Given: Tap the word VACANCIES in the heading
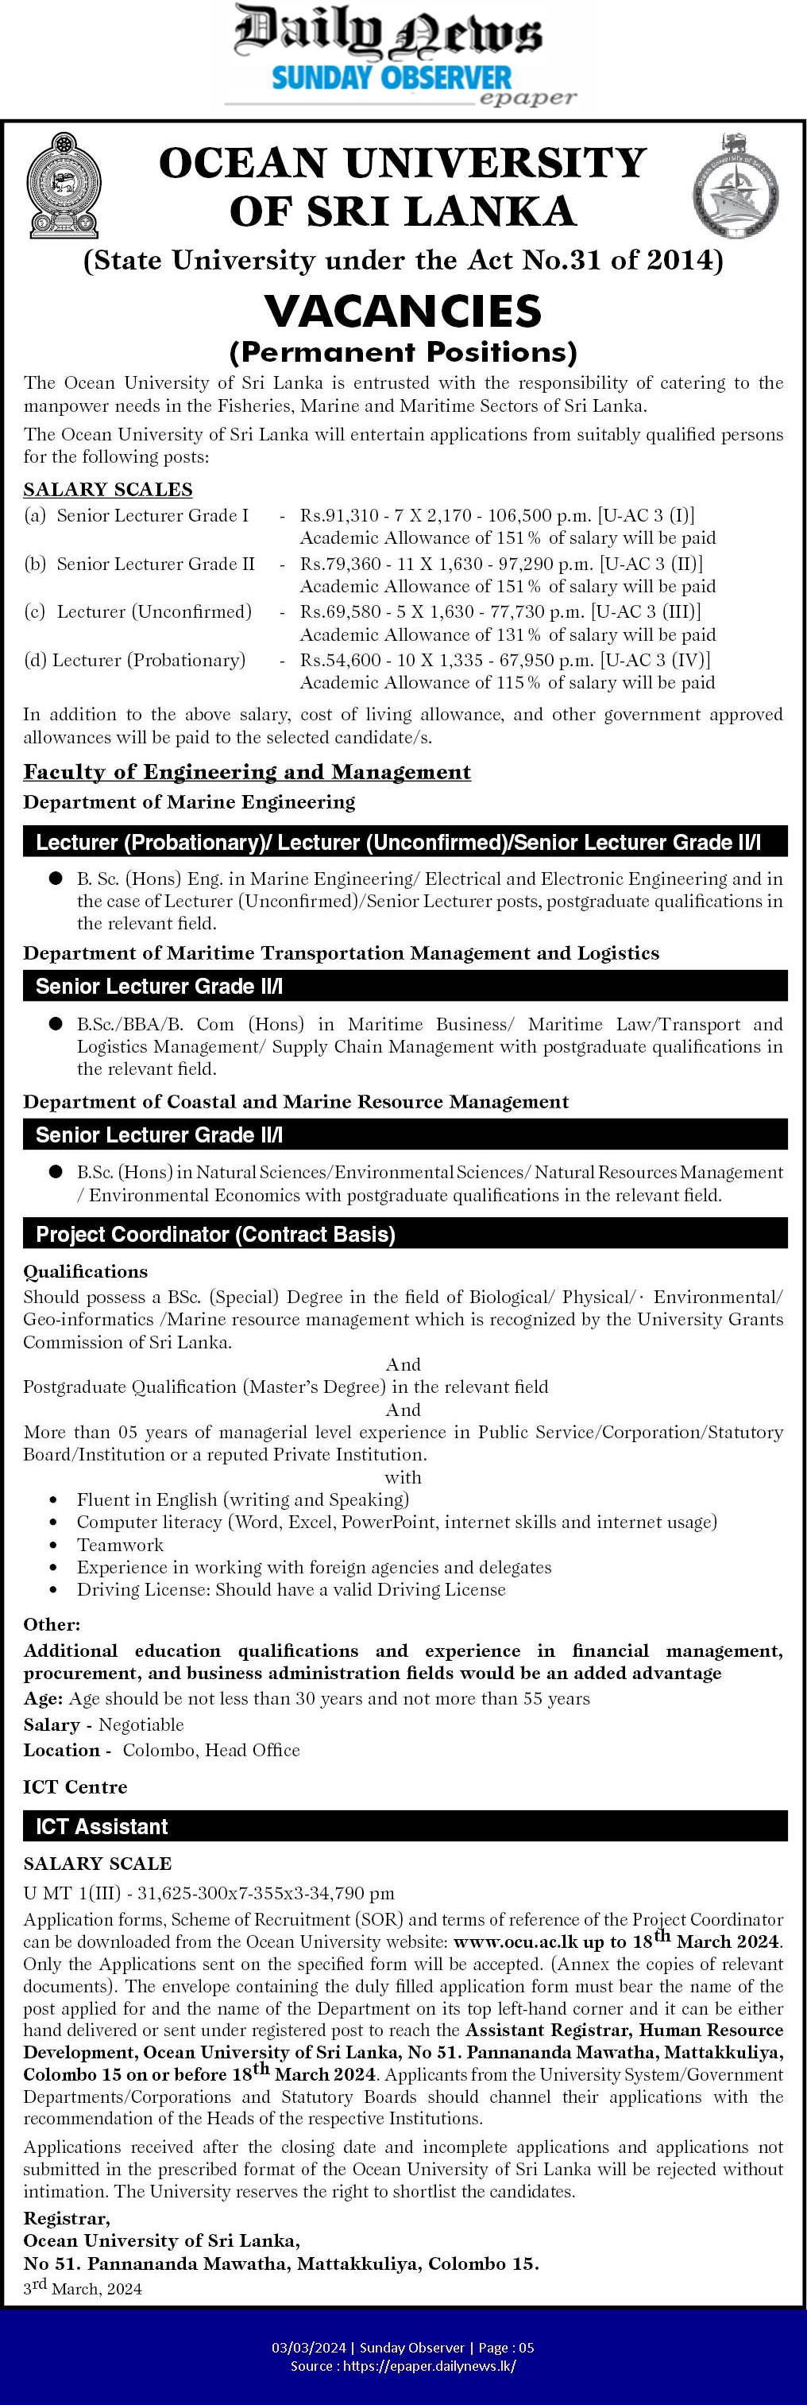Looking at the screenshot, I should tap(403, 311).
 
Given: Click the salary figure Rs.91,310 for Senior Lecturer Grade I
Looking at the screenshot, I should tap(333, 515).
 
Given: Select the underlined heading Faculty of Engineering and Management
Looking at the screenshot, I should tap(247, 772).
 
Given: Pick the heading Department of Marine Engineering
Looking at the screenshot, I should tap(189, 802).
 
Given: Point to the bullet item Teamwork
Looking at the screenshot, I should tap(121, 1545).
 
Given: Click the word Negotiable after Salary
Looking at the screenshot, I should tap(141, 1724).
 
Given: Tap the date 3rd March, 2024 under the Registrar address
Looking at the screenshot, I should tap(83, 2287).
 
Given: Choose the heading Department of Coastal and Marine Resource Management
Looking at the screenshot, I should tap(295, 1102).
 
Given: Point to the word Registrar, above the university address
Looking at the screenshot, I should tap(66, 2218).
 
